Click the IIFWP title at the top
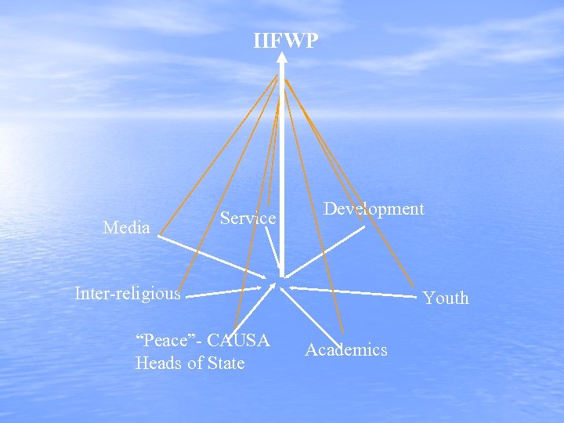click(286, 41)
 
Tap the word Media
click(126, 228)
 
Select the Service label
click(248, 219)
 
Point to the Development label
click(374, 209)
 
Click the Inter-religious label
click(127, 294)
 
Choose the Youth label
click(446, 298)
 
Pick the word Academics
click(345, 350)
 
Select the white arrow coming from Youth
click(352, 291)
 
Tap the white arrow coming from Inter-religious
click(227, 292)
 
